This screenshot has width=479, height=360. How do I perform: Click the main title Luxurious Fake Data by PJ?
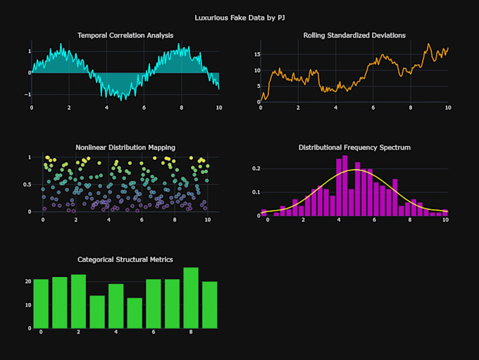(x=240, y=15)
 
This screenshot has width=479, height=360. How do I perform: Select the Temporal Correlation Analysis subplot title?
(x=125, y=35)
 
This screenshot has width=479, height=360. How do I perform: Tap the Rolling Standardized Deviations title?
(x=354, y=35)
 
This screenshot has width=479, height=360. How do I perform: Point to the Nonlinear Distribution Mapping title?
(x=125, y=147)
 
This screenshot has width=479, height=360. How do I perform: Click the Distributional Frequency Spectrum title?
(x=354, y=147)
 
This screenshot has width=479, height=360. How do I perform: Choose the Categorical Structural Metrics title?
(x=125, y=259)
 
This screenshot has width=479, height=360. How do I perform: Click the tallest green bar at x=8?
(x=191, y=298)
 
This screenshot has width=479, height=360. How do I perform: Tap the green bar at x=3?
(x=97, y=312)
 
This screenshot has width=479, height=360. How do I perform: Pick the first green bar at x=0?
(x=41, y=304)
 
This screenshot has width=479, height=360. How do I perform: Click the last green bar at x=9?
(x=210, y=304)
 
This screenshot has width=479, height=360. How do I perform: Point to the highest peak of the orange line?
(x=428, y=44)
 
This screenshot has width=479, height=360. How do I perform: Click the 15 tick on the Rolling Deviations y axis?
(x=258, y=54)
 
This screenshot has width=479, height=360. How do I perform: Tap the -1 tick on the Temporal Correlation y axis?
(x=27, y=94)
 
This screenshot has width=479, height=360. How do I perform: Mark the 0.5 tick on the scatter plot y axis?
(x=25, y=185)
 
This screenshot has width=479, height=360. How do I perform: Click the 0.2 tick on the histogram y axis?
(x=256, y=169)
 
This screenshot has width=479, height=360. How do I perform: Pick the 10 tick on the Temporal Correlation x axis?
(x=218, y=108)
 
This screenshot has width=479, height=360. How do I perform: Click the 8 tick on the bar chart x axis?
(x=191, y=332)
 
